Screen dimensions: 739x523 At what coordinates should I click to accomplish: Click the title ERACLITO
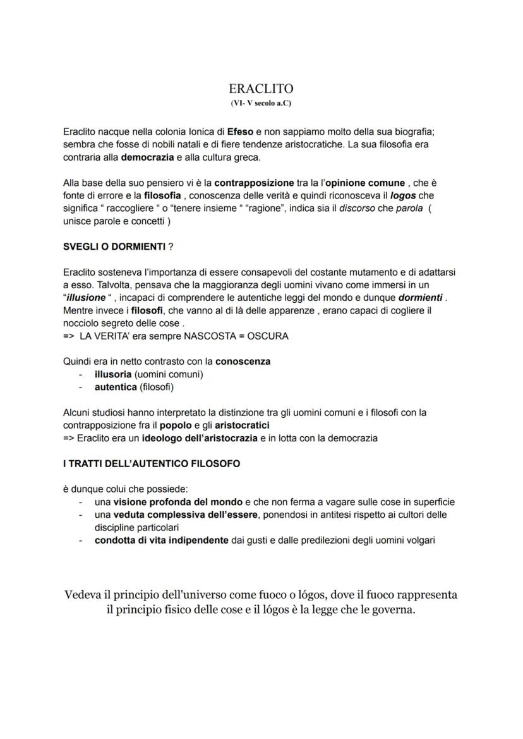coord(261,89)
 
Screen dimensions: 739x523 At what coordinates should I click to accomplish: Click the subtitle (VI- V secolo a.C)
coord(261,103)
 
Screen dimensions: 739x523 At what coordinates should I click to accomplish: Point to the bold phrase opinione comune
coord(364,183)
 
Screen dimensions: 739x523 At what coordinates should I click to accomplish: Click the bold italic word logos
coord(404,196)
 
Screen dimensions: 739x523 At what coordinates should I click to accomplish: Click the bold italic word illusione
coord(87,298)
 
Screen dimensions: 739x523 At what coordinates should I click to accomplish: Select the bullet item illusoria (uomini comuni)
coord(148,374)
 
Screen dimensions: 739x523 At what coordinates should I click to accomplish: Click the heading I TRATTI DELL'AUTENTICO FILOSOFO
coord(151,463)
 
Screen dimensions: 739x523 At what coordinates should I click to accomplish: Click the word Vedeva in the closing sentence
coord(85,595)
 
